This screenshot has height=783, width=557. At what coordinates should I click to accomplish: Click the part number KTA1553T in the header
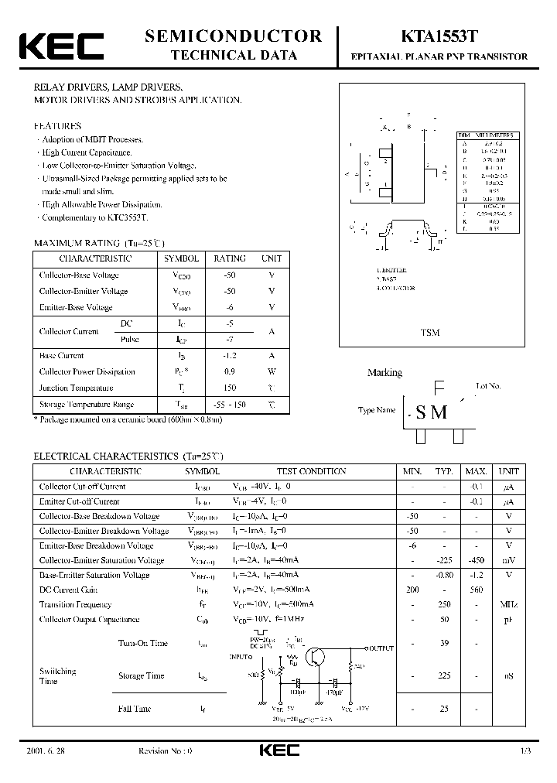tap(439, 36)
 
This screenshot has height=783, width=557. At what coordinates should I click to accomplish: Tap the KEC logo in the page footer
tap(278, 751)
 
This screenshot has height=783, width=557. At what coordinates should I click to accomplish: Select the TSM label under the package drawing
tap(430, 332)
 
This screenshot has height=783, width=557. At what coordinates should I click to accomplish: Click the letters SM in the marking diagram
tap(432, 412)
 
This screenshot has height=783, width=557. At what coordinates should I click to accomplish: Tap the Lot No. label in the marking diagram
tap(489, 385)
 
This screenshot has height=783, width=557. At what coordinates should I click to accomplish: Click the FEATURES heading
tap(57, 125)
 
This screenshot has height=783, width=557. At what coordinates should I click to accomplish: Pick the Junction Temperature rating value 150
tap(230, 388)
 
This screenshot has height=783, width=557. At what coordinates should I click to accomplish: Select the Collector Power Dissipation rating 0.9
tap(230, 372)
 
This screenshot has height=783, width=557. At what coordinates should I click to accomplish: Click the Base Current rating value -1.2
tap(230, 356)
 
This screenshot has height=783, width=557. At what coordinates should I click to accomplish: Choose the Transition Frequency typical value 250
tap(444, 604)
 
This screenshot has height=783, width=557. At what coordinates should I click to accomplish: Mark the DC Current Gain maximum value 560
tap(476, 590)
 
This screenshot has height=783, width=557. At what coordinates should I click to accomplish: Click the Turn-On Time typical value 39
tap(444, 643)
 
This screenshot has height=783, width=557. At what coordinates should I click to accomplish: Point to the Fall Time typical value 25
tap(444, 708)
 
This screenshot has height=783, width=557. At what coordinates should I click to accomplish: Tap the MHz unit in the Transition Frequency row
tap(509, 604)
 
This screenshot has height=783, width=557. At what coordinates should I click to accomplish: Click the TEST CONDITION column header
tap(311, 471)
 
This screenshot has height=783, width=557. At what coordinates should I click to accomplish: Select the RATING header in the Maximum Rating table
tap(230, 258)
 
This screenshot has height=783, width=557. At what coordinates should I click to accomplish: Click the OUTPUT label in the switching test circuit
tap(379, 648)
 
